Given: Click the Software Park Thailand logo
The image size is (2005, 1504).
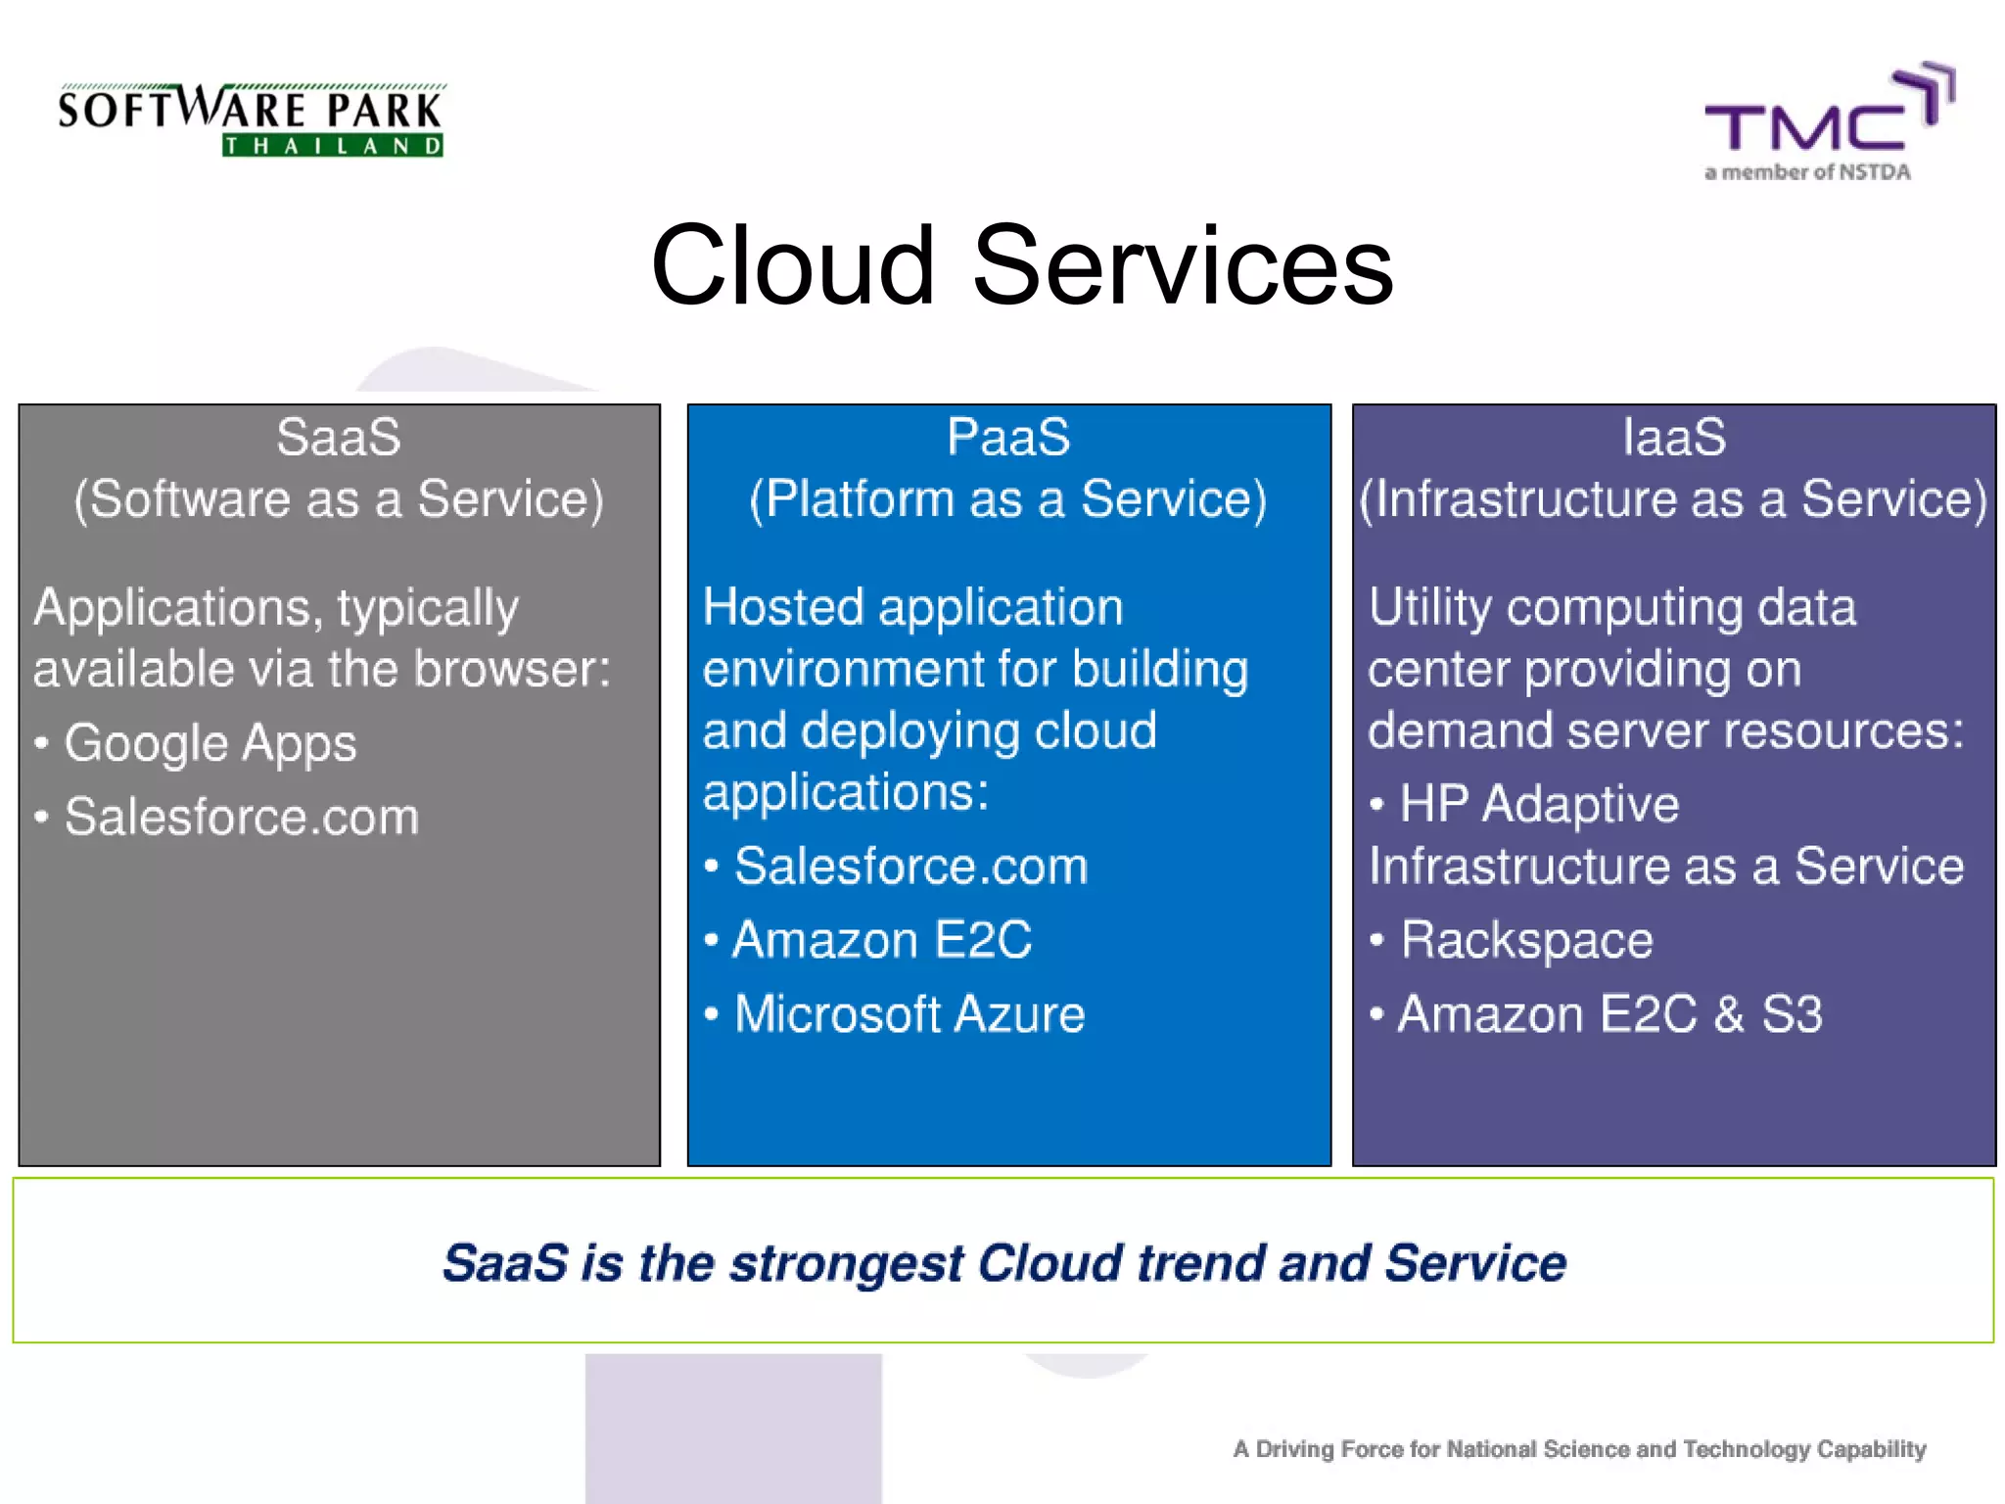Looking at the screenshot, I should (x=251, y=119).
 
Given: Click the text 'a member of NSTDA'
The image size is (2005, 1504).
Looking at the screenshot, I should (x=1807, y=172).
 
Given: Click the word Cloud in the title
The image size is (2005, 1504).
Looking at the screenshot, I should (x=793, y=265).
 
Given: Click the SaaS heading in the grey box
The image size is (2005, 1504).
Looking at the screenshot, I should (x=338, y=437).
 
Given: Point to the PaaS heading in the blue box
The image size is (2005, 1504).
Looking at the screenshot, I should (x=1008, y=437).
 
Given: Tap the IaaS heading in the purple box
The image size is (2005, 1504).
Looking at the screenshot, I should (x=1674, y=437).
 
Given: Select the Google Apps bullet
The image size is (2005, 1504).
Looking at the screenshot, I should (x=210, y=743).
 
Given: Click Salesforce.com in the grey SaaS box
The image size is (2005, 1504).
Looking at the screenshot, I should (x=241, y=817).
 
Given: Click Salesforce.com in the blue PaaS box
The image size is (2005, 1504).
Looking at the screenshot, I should (x=910, y=867).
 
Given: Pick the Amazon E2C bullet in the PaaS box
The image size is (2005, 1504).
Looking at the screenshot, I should (x=881, y=940).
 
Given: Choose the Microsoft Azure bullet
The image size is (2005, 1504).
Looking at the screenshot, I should (x=909, y=1014).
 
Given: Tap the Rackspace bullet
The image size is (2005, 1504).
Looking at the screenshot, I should (x=1525, y=940).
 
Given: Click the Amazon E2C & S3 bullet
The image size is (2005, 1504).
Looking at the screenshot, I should (x=1609, y=1014).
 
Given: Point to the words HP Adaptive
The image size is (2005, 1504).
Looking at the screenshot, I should (x=1538, y=805).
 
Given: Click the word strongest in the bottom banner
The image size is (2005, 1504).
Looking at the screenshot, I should (x=847, y=1263).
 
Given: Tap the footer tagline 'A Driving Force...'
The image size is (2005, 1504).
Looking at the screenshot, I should (x=1579, y=1449).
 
